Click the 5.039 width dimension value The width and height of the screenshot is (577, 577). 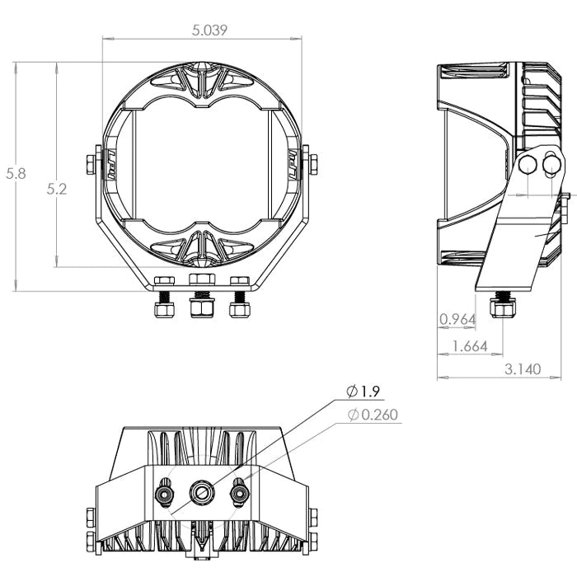point(209,30)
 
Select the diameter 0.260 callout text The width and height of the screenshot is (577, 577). point(374,415)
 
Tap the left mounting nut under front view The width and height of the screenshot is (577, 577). point(163,308)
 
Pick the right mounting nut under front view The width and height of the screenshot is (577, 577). point(240,308)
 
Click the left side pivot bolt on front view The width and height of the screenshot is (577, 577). point(88,162)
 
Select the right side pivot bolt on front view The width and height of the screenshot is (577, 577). point(313,162)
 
